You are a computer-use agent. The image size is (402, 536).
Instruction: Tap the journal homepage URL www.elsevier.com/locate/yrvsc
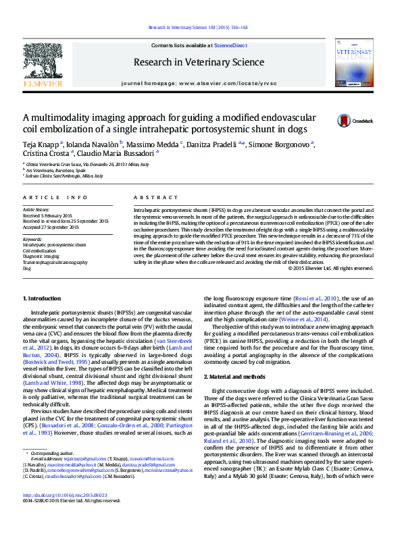(218, 83)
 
